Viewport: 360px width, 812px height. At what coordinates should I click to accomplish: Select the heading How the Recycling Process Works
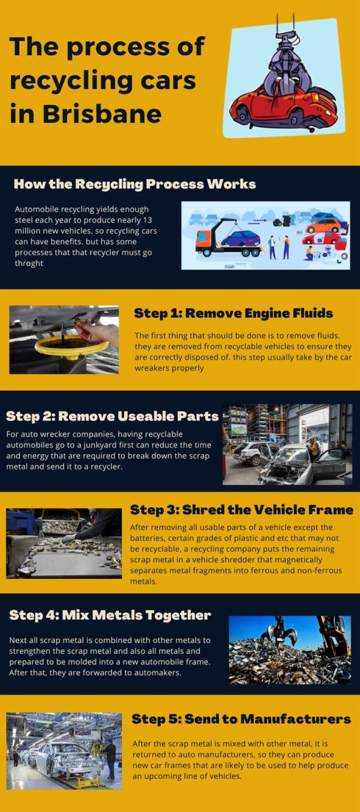(x=134, y=184)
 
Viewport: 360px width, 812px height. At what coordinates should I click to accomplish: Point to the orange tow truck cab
(x=204, y=242)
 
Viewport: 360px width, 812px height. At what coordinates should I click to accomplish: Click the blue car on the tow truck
(x=241, y=238)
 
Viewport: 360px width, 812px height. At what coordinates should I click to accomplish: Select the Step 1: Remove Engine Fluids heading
(x=233, y=313)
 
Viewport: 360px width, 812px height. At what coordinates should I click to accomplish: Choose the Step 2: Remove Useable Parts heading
(x=112, y=416)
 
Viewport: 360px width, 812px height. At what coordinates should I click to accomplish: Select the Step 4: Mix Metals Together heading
(x=110, y=615)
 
